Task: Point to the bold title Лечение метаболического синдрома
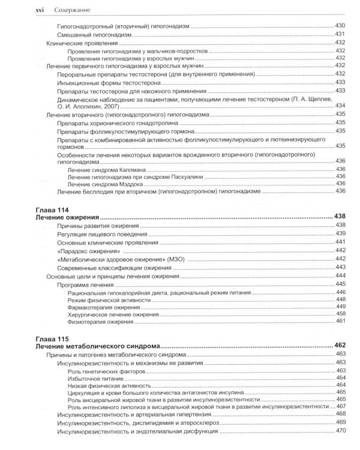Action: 95,346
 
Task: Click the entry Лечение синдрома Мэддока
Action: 106,184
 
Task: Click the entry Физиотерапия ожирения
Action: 99,322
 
